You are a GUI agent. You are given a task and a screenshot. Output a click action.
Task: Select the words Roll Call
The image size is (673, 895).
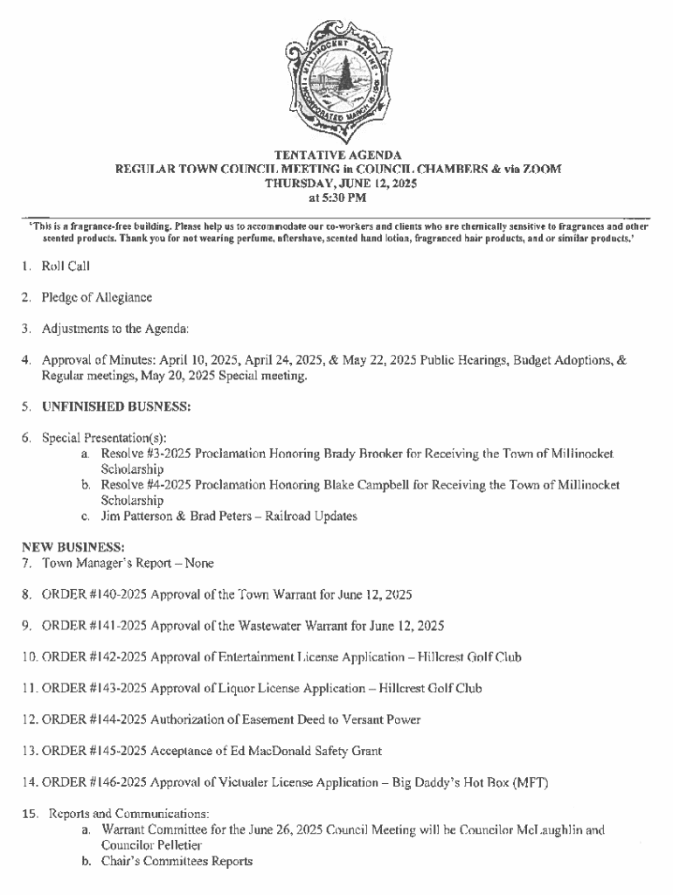click(x=66, y=266)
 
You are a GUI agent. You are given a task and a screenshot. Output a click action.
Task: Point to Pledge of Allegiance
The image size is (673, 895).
click(x=97, y=297)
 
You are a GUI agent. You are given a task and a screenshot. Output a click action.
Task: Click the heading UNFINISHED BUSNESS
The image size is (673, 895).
click(x=116, y=406)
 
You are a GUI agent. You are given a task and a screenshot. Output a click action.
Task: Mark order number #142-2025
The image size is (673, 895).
click(x=119, y=657)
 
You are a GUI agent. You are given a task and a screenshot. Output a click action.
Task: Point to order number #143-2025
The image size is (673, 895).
click(x=119, y=689)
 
